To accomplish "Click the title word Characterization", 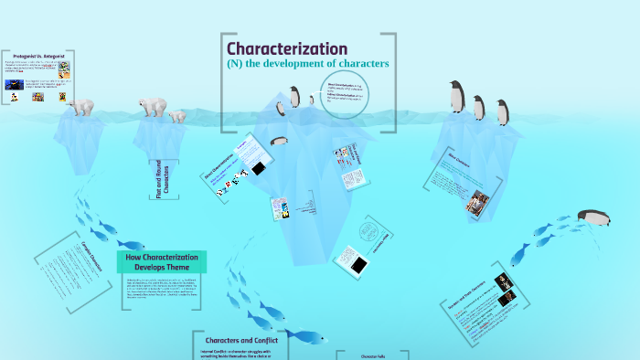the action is (286, 48).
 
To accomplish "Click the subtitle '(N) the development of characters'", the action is (307, 64).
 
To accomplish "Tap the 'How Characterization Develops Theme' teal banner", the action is (161, 262).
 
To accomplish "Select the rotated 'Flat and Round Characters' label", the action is (165, 178).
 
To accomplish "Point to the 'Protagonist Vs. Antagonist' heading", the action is (37, 56).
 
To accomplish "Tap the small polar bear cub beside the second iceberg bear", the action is (176, 116).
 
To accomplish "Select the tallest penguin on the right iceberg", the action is (456, 97).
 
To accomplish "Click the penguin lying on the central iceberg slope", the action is (279, 141).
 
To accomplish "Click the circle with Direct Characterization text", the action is (347, 93).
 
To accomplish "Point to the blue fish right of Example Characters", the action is (131, 245).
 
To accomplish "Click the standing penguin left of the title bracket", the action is (294, 97).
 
